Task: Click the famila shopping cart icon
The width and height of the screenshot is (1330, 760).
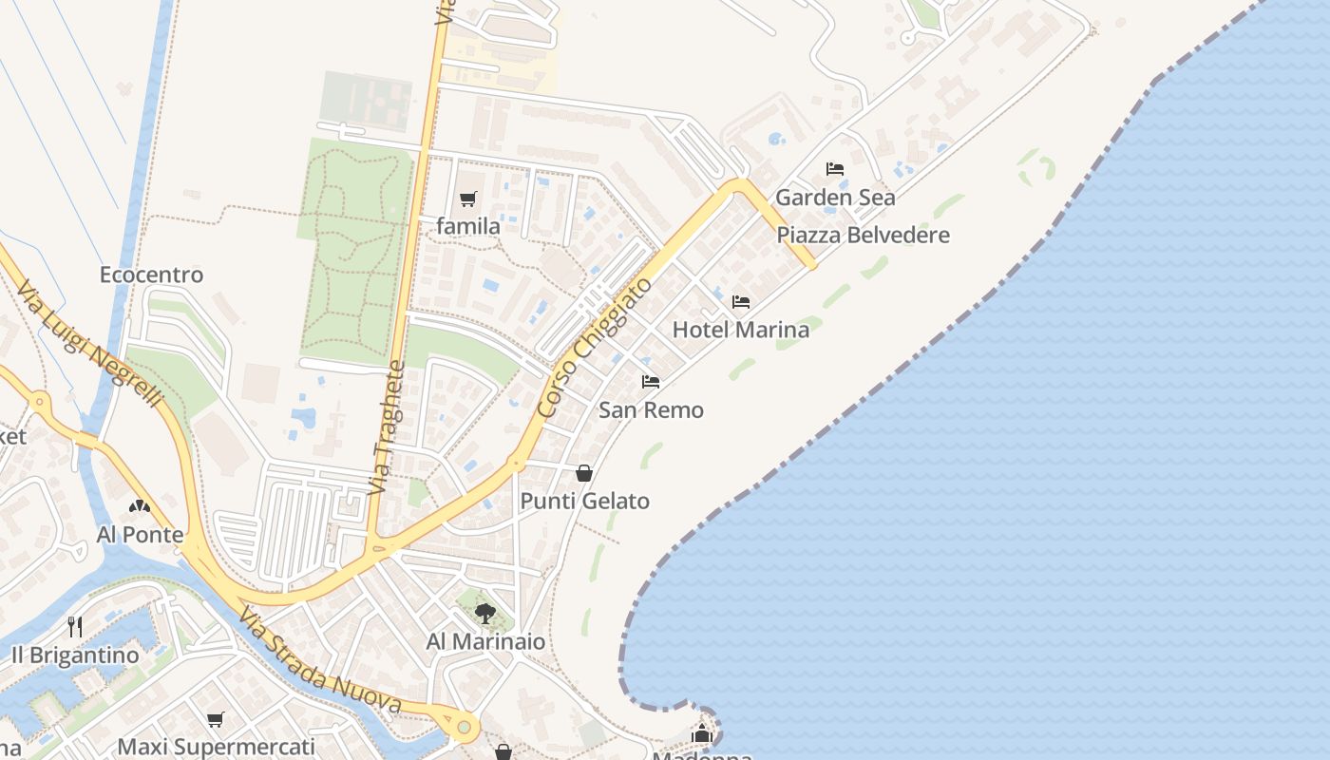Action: pos(467,199)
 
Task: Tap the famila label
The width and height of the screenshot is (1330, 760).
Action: pos(468,227)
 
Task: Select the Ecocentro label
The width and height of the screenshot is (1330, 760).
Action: pos(152,275)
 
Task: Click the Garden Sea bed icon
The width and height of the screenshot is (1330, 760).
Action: pos(835,169)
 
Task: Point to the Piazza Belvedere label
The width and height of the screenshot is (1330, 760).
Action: pos(863,236)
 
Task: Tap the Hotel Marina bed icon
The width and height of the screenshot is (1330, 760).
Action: pos(741,302)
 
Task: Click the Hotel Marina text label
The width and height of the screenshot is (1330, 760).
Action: pos(741,331)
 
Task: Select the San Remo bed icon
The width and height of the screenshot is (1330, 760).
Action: pos(651,382)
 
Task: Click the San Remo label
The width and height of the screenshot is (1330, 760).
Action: pos(651,410)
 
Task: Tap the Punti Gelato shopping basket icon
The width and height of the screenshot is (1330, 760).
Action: pos(584,472)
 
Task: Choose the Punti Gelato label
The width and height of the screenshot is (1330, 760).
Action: pos(584,502)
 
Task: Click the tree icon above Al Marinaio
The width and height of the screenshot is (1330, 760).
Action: pos(485,613)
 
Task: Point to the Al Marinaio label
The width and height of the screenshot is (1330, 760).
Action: pos(485,642)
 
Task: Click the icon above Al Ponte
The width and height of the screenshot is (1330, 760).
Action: pos(140,506)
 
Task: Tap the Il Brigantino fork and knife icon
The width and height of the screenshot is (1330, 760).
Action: pos(75,627)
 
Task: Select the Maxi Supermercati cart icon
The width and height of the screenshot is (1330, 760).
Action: pos(216,719)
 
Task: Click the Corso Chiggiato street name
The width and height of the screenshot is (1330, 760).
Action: pos(595,348)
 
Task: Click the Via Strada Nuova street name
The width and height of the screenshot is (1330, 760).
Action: pos(319,662)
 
